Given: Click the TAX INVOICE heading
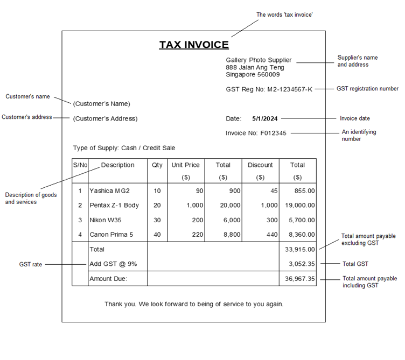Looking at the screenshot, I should pos(194,45).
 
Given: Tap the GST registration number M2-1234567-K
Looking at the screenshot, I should pos(290,89).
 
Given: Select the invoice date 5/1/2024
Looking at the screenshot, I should pos(265,118).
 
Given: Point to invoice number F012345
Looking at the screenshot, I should pos(274,133).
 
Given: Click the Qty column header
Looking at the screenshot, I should pos(157,165).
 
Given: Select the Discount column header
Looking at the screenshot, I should pos(260,165).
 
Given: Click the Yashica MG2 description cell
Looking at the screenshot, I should pos(110,190).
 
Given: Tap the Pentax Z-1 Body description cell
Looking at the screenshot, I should pos(114,205).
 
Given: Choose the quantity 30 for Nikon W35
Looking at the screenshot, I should pos(157,220).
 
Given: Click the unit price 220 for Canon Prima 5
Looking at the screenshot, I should pos(197,234).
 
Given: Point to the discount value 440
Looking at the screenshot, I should pos(272,234).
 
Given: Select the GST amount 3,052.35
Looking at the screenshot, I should pos(302,264).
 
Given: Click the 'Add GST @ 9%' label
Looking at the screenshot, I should pos(113,264).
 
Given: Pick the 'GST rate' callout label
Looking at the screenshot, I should pos(31,264).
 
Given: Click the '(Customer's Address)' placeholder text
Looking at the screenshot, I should pos(105,118).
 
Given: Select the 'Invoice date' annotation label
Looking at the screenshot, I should pos(355,118).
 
